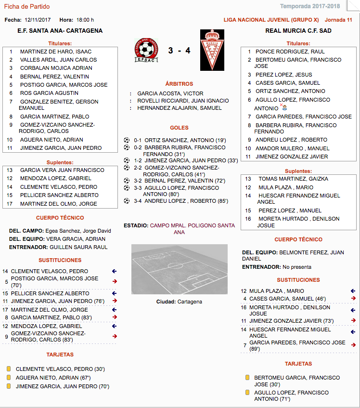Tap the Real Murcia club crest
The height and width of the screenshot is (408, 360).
tap(212, 50)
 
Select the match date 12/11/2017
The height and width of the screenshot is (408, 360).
tap(38, 20)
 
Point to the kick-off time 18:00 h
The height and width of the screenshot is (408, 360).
tap(85, 20)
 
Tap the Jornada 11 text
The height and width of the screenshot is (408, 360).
tap(338, 20)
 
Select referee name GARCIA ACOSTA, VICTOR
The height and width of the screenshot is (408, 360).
tap(170, 93)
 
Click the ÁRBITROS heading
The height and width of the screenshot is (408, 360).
tap(179, 84)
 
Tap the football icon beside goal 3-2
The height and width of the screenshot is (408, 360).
tap(127, 181)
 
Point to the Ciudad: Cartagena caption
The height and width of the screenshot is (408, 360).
tap(179, 302)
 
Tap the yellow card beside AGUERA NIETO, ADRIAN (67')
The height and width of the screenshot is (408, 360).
tap(8, 378)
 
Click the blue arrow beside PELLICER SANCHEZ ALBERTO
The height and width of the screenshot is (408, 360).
tap(114, 293)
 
